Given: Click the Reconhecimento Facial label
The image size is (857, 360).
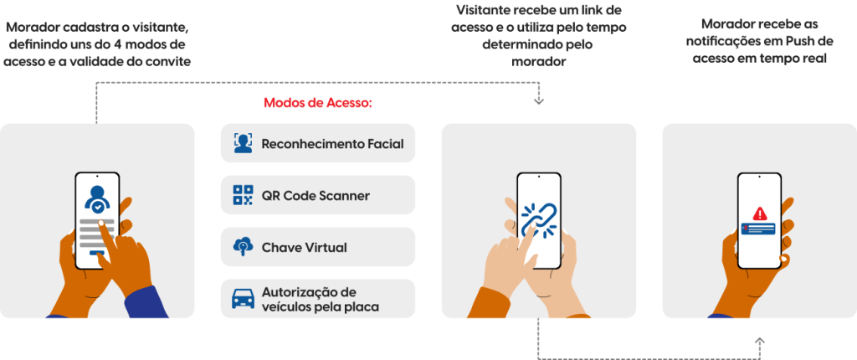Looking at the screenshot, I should pos(332,144).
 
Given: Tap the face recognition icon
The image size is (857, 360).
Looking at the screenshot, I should pos(243,143).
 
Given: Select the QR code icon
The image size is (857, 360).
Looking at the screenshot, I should pos(243,195).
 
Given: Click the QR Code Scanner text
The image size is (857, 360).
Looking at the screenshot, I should pos(316,196).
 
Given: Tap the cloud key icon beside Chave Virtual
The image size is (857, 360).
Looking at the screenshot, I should pos(243,247).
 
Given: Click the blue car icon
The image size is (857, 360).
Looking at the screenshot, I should pos(243,299).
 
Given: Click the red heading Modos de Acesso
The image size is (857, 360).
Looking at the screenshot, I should pos(317,104).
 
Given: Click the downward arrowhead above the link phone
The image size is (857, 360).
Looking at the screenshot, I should pos(538,101).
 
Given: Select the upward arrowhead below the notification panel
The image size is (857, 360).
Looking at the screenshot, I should pos(759,342).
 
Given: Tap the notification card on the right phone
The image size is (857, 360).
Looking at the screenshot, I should pos(758,229).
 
